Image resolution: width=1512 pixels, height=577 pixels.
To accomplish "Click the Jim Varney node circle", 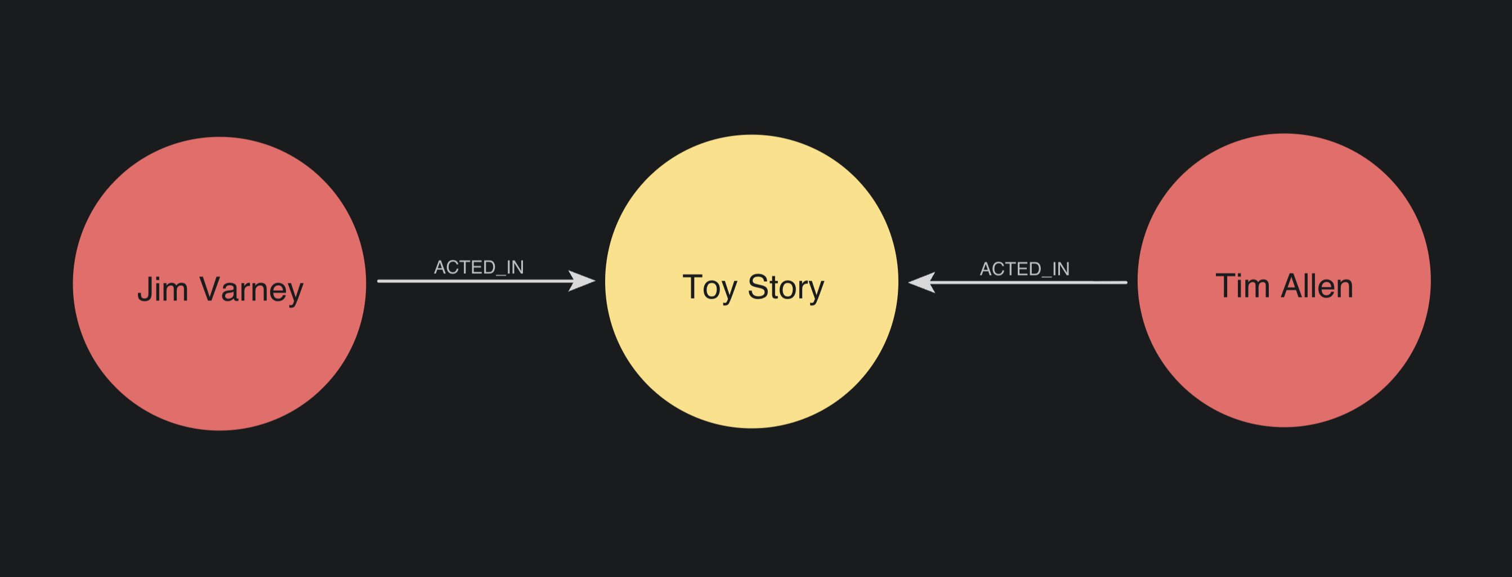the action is (220, 284).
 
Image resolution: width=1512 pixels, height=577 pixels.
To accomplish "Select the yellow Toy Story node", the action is (752, 281).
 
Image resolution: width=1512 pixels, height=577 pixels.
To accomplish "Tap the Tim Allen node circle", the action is (1284, 280).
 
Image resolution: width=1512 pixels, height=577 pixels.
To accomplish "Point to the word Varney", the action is (251, 291).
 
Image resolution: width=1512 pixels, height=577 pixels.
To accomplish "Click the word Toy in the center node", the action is (710, 288).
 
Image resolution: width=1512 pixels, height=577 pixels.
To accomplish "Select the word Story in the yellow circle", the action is (786, 288).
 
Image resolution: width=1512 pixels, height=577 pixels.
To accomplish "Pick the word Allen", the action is (1317, 286).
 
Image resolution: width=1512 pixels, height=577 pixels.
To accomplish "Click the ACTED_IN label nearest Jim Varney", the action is (479, 267).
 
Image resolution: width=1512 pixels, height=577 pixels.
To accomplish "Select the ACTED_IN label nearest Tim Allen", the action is (1025, 269).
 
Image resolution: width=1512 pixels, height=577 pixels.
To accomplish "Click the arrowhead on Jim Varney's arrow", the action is (582, 281).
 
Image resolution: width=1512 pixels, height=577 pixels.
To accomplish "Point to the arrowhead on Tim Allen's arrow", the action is (921, 283).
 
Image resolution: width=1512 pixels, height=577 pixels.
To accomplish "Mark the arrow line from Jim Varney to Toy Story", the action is (486, 281).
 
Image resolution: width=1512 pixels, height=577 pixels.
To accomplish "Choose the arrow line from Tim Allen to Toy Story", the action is (1017, 283).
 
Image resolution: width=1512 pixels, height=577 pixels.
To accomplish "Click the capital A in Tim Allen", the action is (1293, 286).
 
